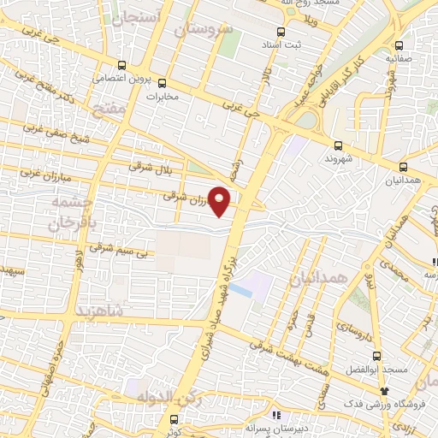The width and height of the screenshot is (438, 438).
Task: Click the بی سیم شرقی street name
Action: [119, 251]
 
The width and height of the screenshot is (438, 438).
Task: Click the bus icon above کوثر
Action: [175, 419]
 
